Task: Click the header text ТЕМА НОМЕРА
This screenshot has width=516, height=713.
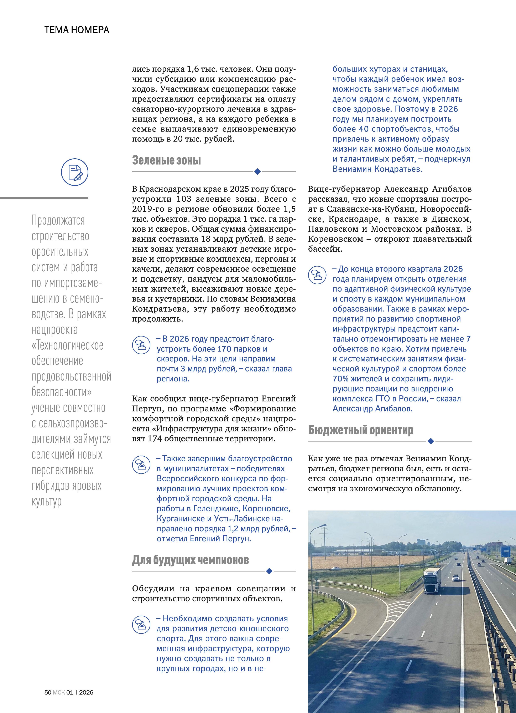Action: tap(77, 30)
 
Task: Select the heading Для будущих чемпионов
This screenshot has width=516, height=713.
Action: tap(191, 560)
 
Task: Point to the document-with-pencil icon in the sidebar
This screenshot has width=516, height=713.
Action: tap(74, 172)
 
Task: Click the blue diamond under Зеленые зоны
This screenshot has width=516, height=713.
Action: tap(257, 171)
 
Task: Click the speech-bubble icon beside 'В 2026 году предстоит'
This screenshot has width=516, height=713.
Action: tap(141, 345)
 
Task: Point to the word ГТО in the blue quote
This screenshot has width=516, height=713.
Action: tap(382, 399)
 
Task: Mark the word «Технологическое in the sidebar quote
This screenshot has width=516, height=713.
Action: tap(68, 345)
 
